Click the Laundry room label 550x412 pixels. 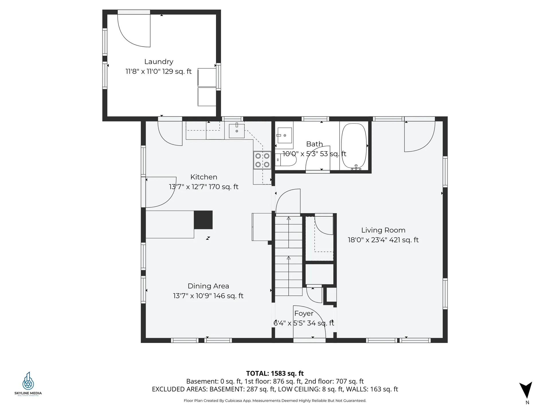[159, 62]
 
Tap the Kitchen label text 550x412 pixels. [204, 177]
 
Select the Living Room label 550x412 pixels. [383, 230]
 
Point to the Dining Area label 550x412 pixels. [208, 286]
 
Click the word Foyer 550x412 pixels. [304, 314]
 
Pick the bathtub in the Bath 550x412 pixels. [354, 146]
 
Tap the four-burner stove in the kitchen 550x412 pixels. [262, 160]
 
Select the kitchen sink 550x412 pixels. [237, 131]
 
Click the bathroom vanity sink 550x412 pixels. [284, 135]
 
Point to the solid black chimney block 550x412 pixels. [203, 220]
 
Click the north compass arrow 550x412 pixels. [526, 390]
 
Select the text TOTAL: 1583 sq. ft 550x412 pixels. [275, 373]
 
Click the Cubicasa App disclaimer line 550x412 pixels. [275, 401]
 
